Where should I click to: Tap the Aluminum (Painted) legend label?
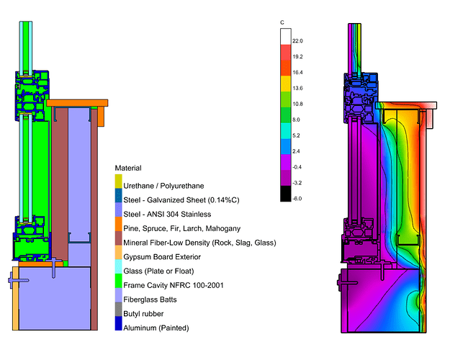click(x=156, y=328)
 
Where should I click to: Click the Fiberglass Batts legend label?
click(x=153, y=300)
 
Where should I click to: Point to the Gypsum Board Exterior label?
click(x=163, y=257)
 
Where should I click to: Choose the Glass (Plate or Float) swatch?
click(x=119, y=271)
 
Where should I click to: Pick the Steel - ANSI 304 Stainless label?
click(x=167, y=215)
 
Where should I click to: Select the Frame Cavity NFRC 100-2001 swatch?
click(x=119, y=286)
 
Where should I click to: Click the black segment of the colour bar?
click(x=285, y=192)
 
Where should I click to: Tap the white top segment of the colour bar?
click(x=285, y=35)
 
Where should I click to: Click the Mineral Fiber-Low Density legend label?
click(x=199, y=243)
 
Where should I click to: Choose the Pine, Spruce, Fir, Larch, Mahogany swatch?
click(x=119, y=229)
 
